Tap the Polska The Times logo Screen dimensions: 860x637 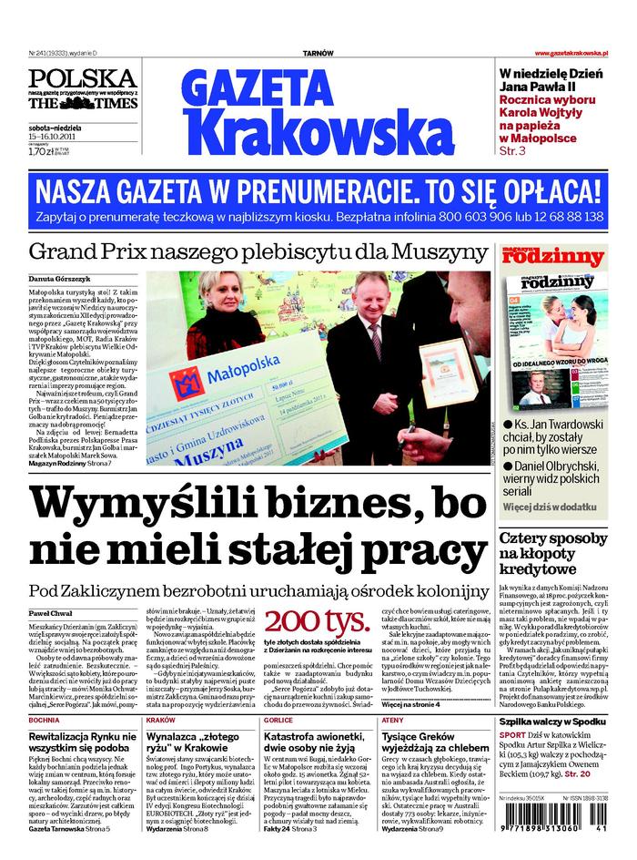pyautogui.click(x=82, y=90)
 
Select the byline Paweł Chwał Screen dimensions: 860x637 pyautogui.click(x=51, y=615)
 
